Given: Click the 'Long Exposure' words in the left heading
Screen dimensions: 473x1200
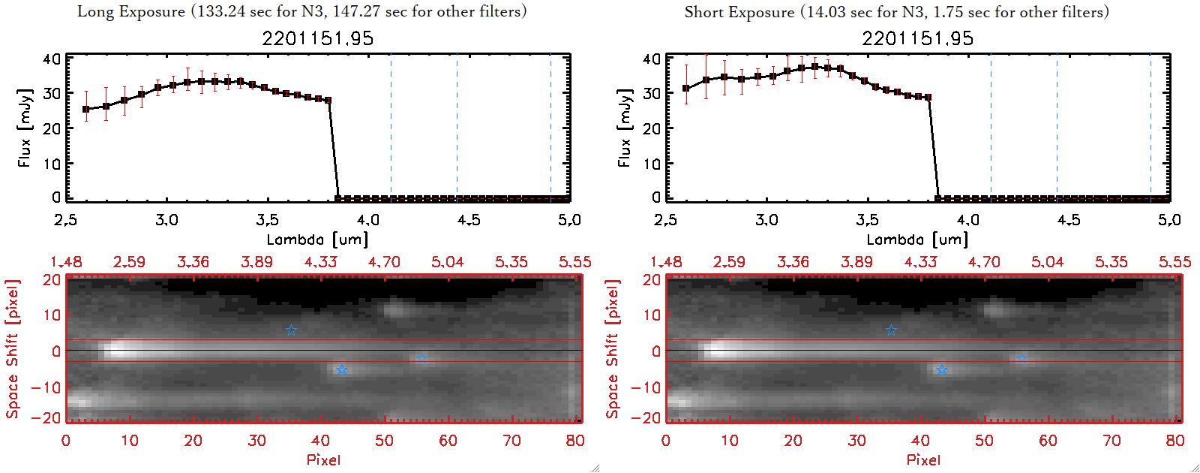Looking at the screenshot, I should (x=131, y=11).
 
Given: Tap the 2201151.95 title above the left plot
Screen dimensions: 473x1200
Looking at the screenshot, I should (x=317, y=38).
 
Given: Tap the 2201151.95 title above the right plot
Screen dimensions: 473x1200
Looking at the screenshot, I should (x=917, y=38).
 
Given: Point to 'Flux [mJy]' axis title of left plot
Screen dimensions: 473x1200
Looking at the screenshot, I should (x=25, y=128).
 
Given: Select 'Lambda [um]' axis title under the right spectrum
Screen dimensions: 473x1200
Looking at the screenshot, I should (x=917, y=240).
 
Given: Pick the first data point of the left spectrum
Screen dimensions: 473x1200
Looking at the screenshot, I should (x=86, y=110).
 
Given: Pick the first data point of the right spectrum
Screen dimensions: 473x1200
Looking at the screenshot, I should (x=686, y=89).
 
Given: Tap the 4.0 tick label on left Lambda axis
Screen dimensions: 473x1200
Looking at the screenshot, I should (x=367, y=220).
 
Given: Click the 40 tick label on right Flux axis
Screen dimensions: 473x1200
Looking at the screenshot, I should (x=652, y=59).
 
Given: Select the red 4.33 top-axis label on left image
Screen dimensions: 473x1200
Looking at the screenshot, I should (x=320, y=262).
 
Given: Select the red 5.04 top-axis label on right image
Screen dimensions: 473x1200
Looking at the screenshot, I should (x=1047, y=262).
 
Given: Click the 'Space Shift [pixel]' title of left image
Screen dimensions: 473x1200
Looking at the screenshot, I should (x=13, y=349).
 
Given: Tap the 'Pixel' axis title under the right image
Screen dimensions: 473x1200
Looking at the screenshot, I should (x=923, y=459).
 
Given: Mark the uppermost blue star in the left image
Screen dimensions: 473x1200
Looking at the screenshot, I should (x=291, y=330).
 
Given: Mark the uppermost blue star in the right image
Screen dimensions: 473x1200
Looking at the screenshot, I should (x=891, y=330).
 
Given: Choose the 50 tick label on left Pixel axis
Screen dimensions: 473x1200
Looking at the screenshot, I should (x=384, y=441).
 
